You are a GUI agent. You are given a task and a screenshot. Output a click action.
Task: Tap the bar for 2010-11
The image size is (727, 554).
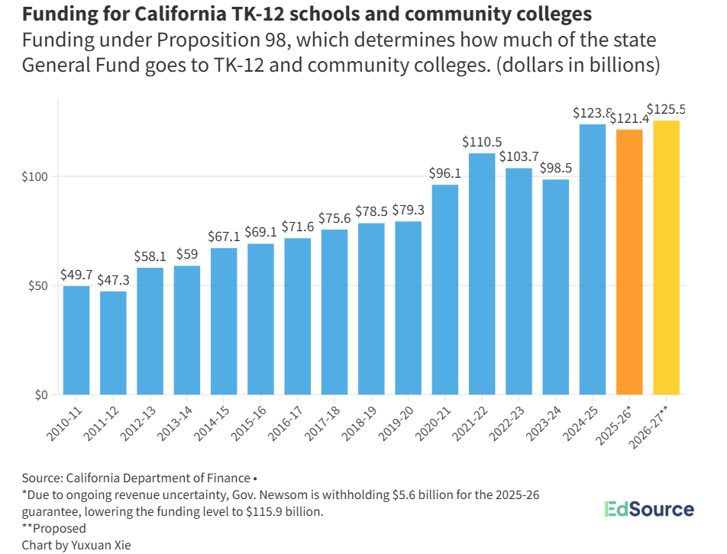[76, 340]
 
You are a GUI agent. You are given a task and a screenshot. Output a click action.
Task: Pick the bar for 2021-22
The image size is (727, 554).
[482, 274]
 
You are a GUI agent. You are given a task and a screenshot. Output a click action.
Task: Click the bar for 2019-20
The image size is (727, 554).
[408, 308]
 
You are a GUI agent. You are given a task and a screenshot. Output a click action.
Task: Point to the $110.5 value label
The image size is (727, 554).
[482, 142]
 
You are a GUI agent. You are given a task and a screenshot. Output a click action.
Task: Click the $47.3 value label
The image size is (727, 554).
[113, 280]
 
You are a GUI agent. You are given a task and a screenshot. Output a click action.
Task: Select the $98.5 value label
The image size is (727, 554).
[556, 168]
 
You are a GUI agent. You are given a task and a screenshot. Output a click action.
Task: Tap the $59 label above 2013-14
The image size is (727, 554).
[187, 254]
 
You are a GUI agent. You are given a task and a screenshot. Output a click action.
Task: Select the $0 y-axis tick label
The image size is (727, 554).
[41, 395]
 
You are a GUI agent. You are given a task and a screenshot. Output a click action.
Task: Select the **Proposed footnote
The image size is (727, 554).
[54, 528]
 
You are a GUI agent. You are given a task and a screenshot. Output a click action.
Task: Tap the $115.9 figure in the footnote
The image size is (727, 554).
[289, 511]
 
